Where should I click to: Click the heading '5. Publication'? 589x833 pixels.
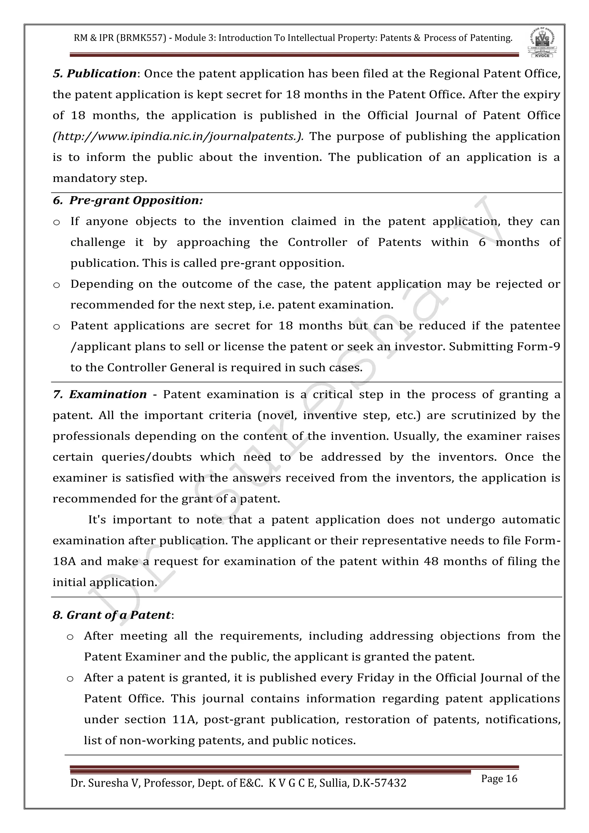click(95, 74)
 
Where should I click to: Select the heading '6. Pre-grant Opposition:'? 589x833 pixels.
click(128, 200)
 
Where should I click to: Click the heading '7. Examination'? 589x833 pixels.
click(100, 394)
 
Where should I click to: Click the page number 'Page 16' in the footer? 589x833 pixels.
click(499, 779)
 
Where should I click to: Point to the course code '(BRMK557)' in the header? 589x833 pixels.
click(141, 38)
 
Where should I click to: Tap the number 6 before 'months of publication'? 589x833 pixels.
click(482, 242)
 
